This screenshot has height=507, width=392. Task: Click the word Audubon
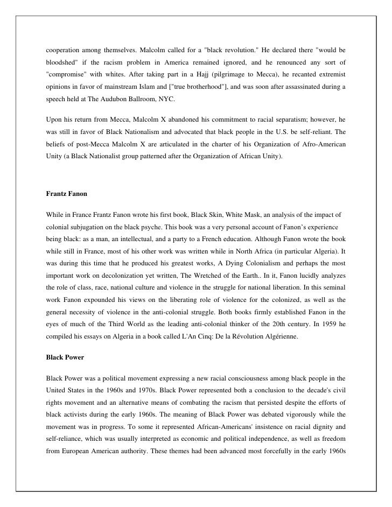127,100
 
